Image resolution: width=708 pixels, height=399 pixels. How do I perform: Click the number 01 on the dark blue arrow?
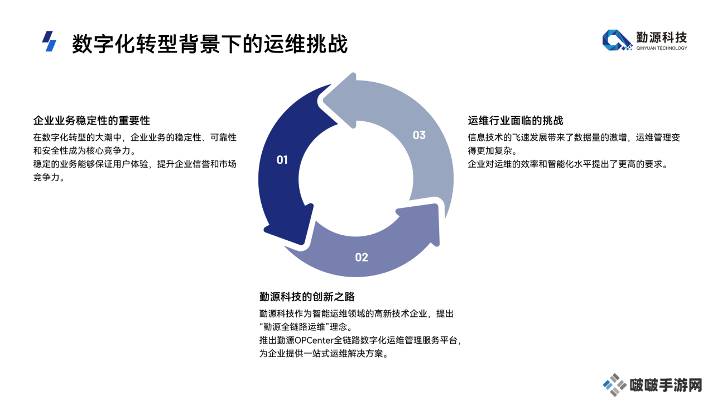pos(282,160)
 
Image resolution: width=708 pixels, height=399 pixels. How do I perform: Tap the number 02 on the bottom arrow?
pos(362,257)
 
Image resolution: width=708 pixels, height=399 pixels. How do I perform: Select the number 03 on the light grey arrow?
pos(419,135)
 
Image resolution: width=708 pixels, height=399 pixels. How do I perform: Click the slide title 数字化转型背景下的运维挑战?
pos(210,44)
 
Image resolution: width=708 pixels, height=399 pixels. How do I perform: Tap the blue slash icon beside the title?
pos(49,41)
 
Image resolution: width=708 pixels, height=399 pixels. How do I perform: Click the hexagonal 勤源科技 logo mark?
pos(617,40)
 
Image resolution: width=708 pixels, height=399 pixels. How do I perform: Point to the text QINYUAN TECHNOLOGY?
pos(662,48)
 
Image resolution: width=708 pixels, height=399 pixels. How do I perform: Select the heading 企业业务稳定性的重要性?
pos(91,121)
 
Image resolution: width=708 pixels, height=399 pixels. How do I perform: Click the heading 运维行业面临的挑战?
pos(516,121)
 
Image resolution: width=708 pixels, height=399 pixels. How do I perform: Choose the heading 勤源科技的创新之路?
pos(307,297)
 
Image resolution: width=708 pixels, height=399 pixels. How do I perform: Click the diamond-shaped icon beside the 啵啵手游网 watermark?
pos(614,384)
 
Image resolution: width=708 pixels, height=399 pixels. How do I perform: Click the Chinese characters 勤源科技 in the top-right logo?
pos(662,37)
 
